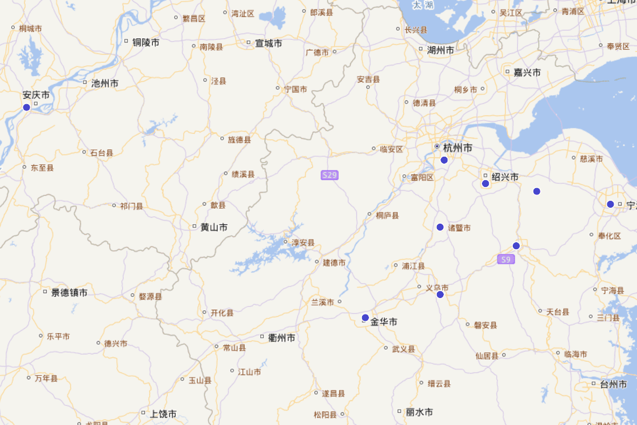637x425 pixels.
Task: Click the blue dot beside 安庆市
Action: point(27,107)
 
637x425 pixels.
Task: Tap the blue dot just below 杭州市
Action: point(444,160)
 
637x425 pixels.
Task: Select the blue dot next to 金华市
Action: point(365,318)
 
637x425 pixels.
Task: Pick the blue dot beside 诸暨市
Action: point(440,227)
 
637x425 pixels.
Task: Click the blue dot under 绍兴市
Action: point(485,184)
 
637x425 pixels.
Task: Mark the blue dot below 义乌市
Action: point(440,295)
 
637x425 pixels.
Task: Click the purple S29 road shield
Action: point(330,175)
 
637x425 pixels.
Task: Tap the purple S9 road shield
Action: point(506,259)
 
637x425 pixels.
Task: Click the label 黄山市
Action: point(214,227)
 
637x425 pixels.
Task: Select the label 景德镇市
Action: point(69,293)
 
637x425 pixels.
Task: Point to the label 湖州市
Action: point(441,50)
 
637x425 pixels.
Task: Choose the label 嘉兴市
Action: point(527,73)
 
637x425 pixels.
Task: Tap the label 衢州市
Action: point(282,338)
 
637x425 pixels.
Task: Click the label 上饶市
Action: point(163,414)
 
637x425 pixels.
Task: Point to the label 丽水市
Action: point(419,412)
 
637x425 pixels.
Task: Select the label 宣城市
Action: point(269,44)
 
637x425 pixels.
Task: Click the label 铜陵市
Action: point(146,42)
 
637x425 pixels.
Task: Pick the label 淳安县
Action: point(303,243)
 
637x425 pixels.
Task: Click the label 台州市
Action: point(613,384)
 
